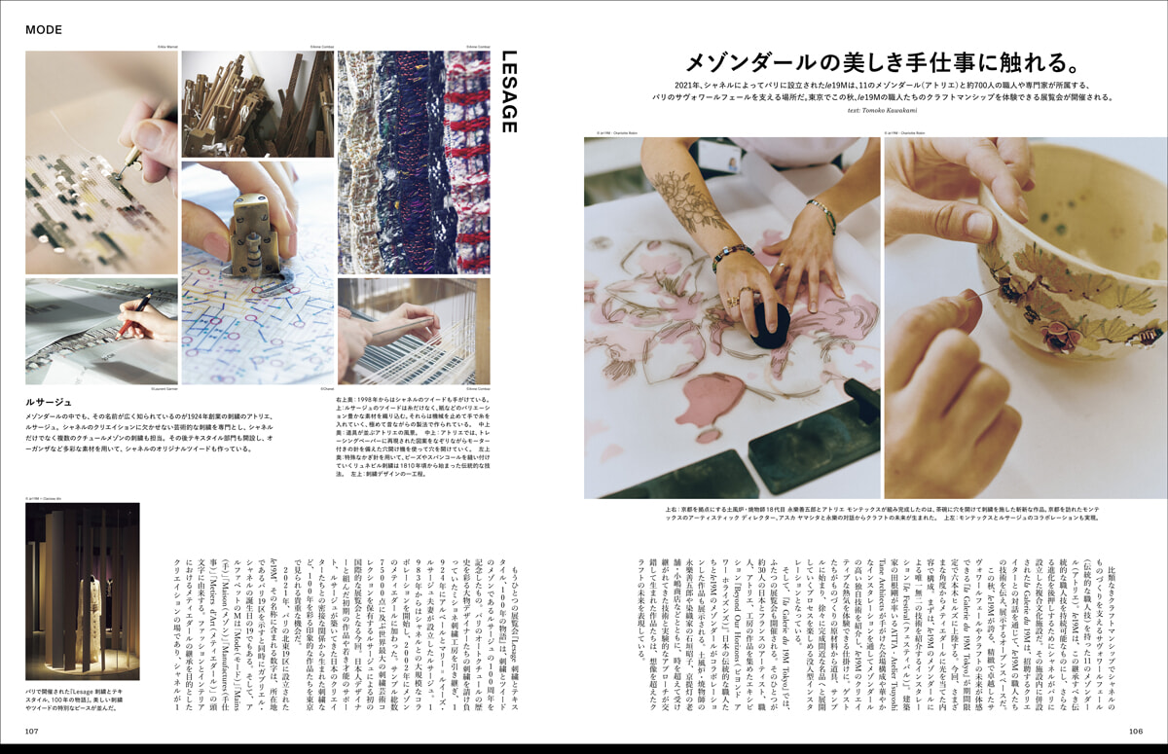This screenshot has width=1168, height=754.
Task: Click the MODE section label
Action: click(x=44, y=29)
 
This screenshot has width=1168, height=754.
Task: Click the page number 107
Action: click(x=32, y=731)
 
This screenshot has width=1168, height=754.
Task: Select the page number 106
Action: click(x=1135, y=731)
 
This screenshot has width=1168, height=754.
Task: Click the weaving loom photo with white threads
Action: click(x=414, y=331)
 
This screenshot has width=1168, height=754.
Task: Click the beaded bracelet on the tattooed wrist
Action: click(x=732, y=256)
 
